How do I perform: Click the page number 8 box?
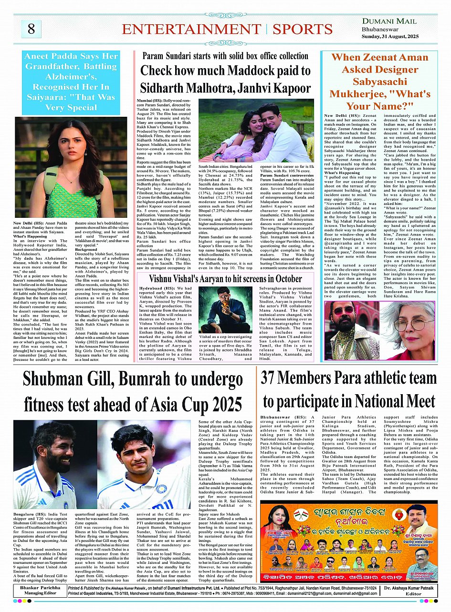tap(31, 29)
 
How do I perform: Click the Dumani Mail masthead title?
tap(389, 21)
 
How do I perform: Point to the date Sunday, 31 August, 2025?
tap(389, 36)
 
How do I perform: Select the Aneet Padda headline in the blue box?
tap(71, 82)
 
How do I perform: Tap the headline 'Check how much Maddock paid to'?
tap(225, 71)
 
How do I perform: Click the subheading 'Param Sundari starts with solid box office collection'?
tap(225, 56)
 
